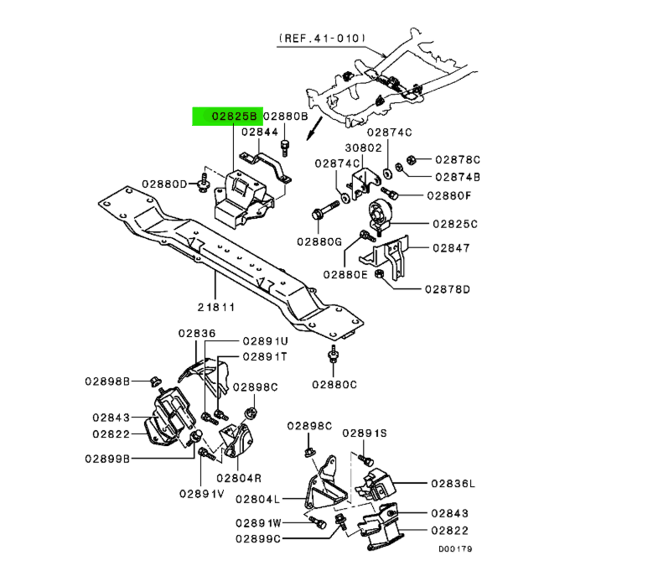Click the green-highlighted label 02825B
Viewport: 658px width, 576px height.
coord(234,117)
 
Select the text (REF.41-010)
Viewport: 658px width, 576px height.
coord(322,39)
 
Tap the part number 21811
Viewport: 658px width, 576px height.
coord(216,308)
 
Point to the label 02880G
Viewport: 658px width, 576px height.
coord(319,241)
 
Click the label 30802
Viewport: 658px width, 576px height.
coord(364,148)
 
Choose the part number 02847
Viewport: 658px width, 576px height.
coord(451,248)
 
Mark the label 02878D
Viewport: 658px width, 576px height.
coord(448,289)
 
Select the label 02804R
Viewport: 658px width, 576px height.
coord(239,478)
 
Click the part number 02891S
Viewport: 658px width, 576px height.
coord(365,433)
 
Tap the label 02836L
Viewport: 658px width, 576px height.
coord(453,484)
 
